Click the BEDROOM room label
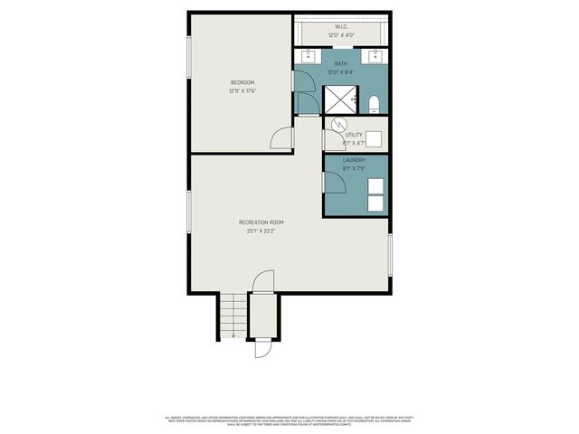[241, 82]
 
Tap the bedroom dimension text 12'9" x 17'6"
[241, 90]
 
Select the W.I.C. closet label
[341, 26]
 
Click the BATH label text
[341, 63]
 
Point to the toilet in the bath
[373, 100]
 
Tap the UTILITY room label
[354, 135]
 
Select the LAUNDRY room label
[354, 159]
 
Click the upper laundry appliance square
[376, 179]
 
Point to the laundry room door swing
[335, 182]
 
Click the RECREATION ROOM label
[261, 222]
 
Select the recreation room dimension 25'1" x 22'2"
[261, 231]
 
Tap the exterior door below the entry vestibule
[263, 347]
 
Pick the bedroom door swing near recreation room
[283, 139]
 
